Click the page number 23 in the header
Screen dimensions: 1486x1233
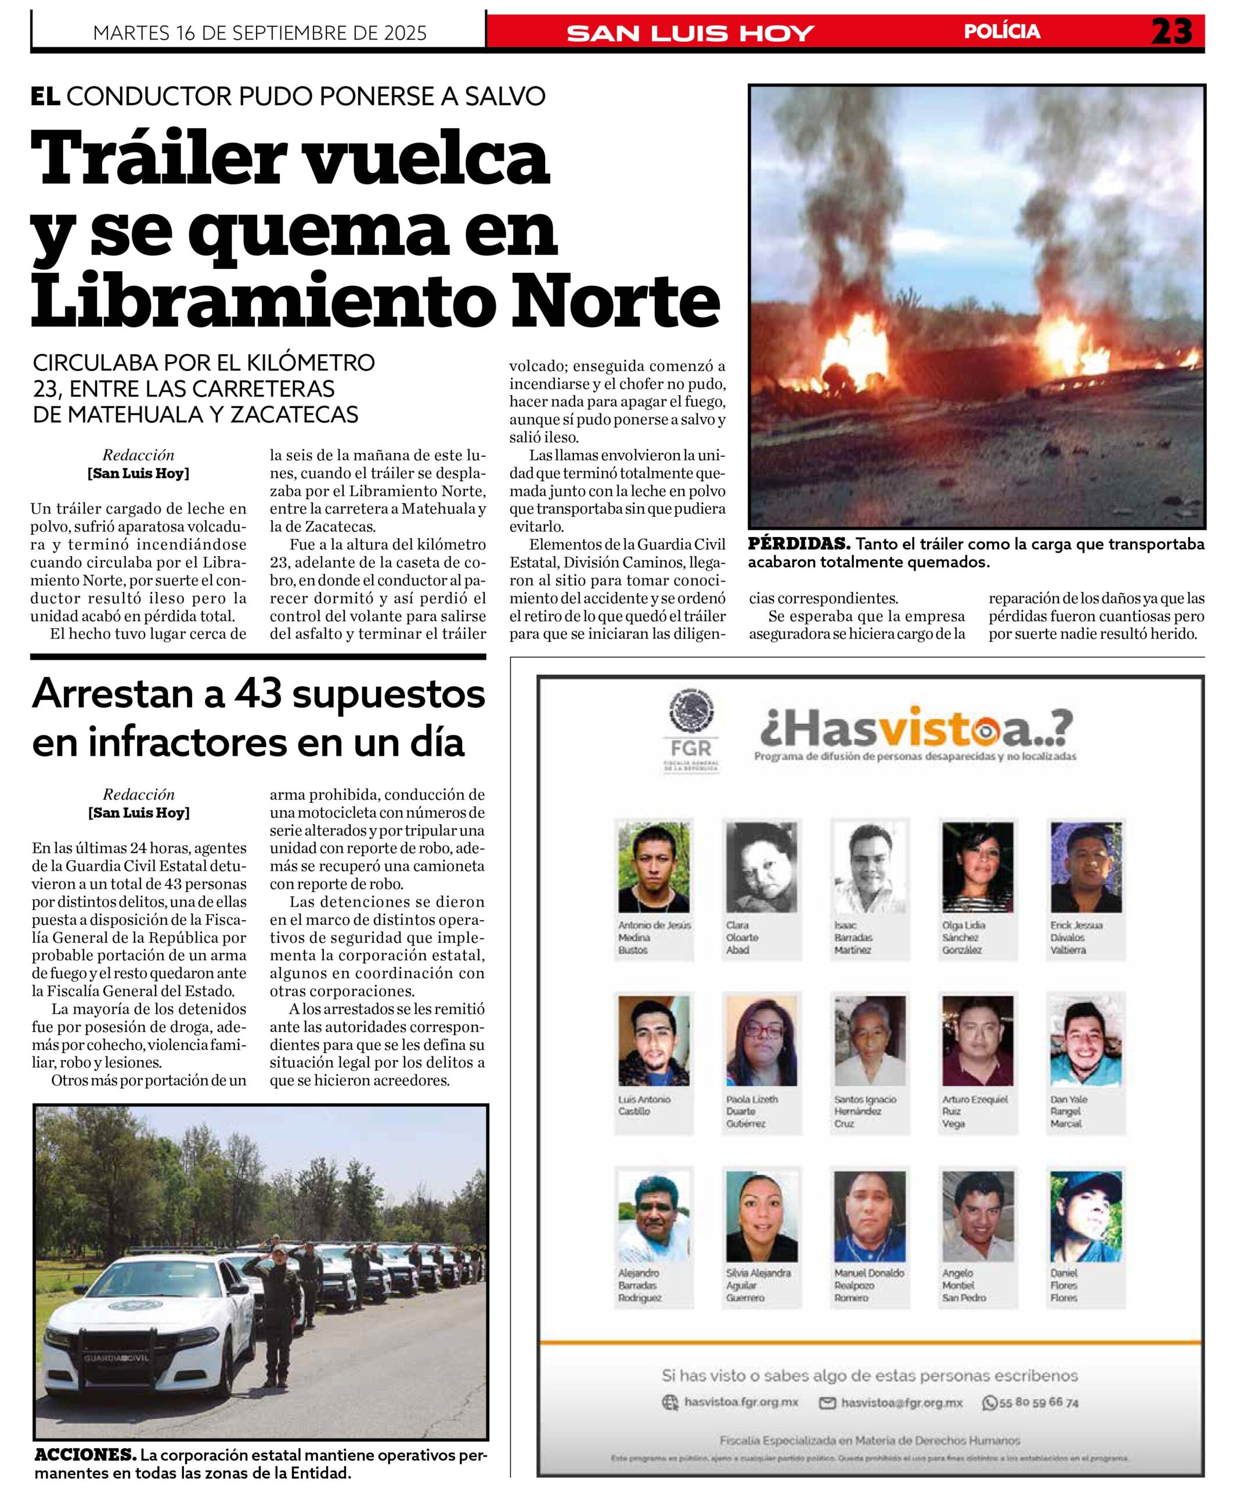click(1171, 32)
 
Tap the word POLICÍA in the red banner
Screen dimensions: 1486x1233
click(1001, 32)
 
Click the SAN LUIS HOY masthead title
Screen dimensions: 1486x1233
click(690, 33)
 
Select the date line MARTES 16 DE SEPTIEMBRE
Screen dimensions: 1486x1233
click(259, 33)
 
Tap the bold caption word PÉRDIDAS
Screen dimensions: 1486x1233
click(798, 544)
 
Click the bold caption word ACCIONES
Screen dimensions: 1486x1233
click(85, 1456)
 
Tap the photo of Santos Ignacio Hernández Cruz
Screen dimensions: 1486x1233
click(869, 1040)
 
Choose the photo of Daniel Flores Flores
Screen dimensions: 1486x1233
click(1085, 1216)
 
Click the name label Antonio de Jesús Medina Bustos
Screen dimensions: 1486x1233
click(652, 937)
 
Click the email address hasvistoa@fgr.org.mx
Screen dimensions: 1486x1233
click(901, 1402)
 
